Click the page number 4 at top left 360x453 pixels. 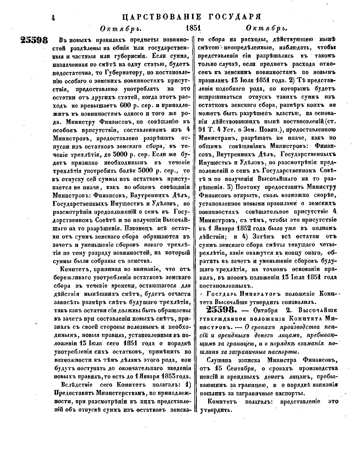(53, 18)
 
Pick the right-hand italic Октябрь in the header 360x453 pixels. (266, 29)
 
